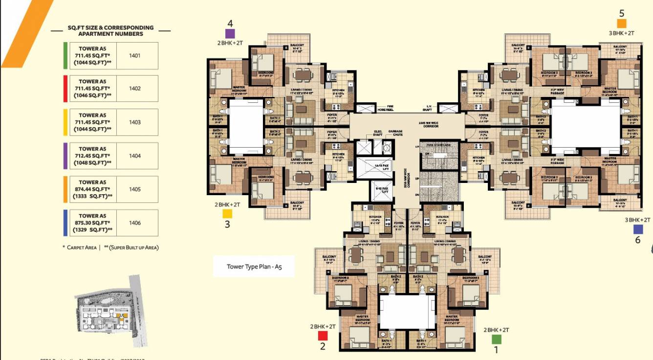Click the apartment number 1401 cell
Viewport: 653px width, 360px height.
pos(135,55)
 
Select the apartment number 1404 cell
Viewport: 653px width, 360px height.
pos(135,156)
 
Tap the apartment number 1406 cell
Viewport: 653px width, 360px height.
pos(135,223)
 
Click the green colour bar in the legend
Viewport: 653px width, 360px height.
pos(65,55)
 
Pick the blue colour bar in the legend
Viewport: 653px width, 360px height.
pos(65,223)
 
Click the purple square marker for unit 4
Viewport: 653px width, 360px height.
pos(230,33)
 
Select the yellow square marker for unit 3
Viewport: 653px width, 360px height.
pos(227,214)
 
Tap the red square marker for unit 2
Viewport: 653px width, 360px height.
pos(323,336)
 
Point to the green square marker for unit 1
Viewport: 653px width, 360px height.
pos(497,338)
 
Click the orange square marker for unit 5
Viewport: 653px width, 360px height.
pos(621,23)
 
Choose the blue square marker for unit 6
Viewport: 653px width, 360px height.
pos(638,229)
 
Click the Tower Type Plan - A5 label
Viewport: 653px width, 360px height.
pos(254,267)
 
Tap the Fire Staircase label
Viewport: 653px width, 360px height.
pos(439,145)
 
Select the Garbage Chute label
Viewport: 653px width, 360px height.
pos(395,133)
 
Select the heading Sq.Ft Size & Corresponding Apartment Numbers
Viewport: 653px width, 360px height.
pos(111,31)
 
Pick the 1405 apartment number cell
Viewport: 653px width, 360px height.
pos(135,189)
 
